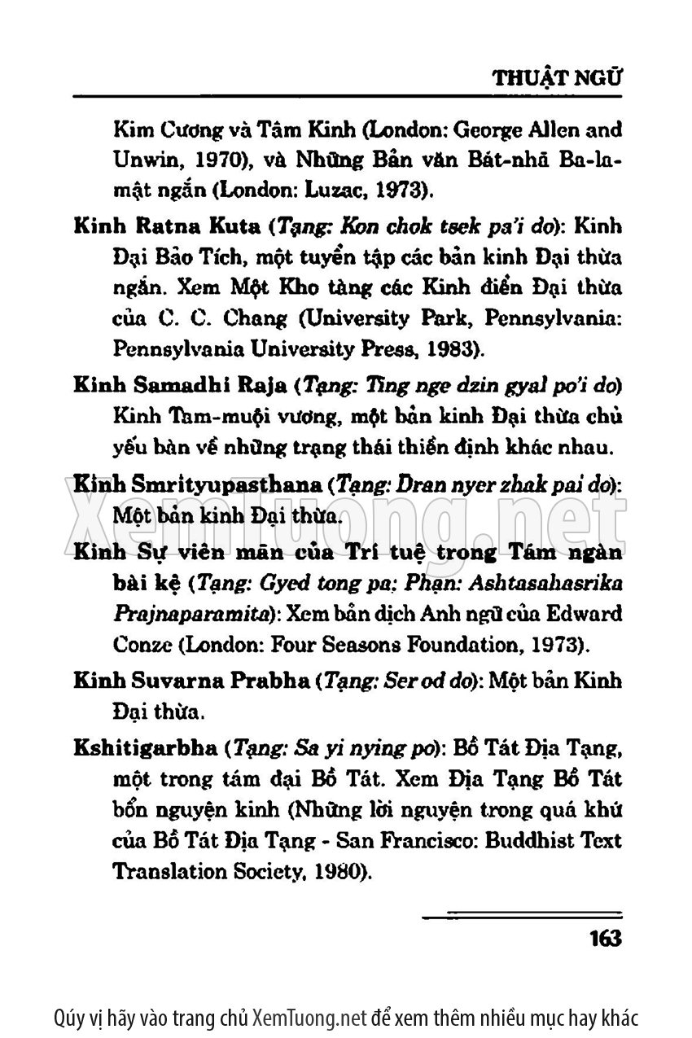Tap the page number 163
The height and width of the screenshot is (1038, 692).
pyautogui.click(x=604, y=938)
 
